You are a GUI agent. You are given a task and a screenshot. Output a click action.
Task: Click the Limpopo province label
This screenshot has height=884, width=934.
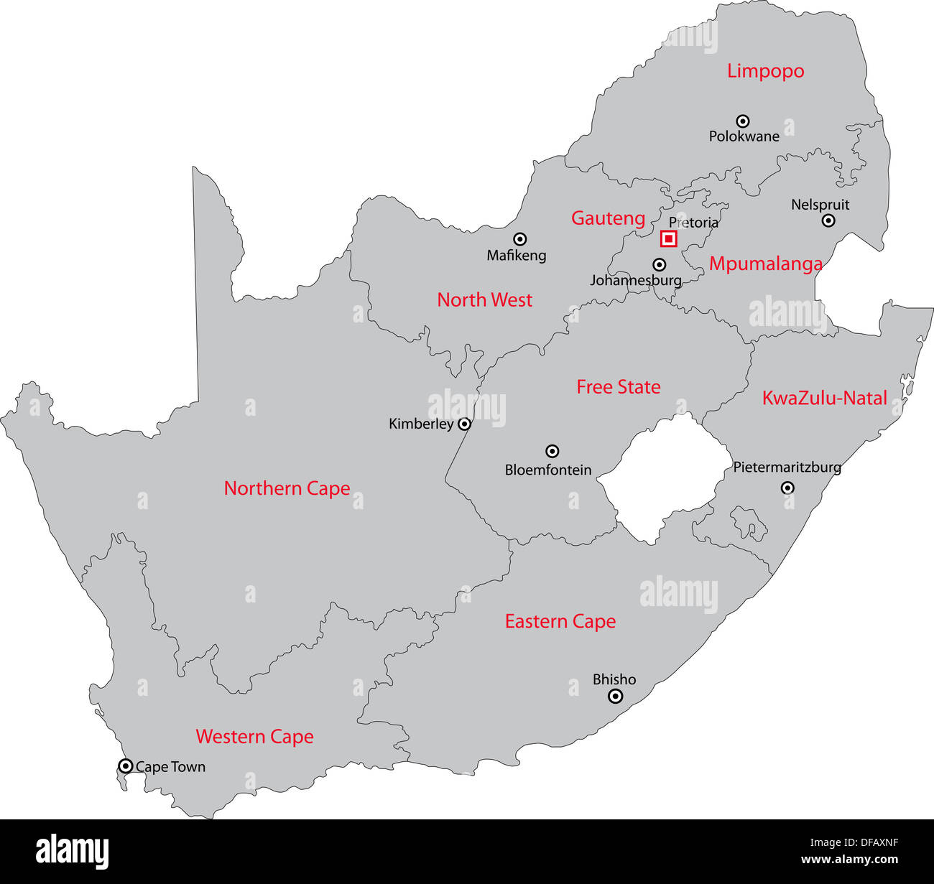pyautogui.click(x=765, y=71)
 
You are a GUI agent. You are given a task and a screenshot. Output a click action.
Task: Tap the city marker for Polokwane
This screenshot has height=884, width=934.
pyautogui.click(x=743, y=121)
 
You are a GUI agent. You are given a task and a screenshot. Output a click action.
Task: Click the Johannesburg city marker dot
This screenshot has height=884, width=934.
pyautogui.click(x=659, y=265)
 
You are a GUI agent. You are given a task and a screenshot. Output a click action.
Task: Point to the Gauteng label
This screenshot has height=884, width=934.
pyautogui.click(x=608, y=218)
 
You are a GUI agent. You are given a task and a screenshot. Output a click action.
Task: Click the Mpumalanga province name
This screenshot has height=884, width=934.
pyautogui.click(x=765, y=264)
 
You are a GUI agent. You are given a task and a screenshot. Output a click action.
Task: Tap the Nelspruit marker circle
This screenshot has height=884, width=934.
pyautogui.click(x=828, y=221)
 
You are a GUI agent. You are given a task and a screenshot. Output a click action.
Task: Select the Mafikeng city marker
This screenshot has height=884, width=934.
pyautogui.click(x=519, y=239)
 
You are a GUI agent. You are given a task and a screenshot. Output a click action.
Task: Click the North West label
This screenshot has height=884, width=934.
pyautogui.click(x=484, y=300)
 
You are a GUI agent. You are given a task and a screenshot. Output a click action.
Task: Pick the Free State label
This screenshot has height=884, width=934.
pyautogui.click(x=618, y=387)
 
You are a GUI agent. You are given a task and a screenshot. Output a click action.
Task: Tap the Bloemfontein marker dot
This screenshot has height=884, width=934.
pyautogui.click(x=552, y=452)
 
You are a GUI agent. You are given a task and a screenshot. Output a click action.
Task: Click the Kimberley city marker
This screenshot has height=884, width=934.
pyautogui.click(x=465, y=424)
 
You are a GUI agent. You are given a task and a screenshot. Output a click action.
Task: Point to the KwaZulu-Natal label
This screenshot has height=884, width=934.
pyautogui.click(x=824, y=398)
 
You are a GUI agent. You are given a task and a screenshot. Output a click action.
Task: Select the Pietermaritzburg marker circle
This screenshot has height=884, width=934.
pyautogui.click(x=787, y=488)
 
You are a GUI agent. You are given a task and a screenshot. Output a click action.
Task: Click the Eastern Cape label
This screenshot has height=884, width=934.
pyautogui.click(x=560, y=621)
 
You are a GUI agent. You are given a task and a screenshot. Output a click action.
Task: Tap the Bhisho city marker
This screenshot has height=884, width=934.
pyautogui.click(x=615, y=696)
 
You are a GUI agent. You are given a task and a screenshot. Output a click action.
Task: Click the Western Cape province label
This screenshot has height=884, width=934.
pyautogui.click(x=254, y=737)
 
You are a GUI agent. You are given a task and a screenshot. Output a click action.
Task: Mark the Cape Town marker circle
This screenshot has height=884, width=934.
pyautogui.click(x=126, y=766)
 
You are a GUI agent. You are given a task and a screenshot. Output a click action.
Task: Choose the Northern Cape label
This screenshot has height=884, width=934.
pyautogui.click(x=287, y=488)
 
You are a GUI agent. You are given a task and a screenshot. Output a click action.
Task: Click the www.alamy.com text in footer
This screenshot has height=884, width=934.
pyautogui.click(x=850, y=860)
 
